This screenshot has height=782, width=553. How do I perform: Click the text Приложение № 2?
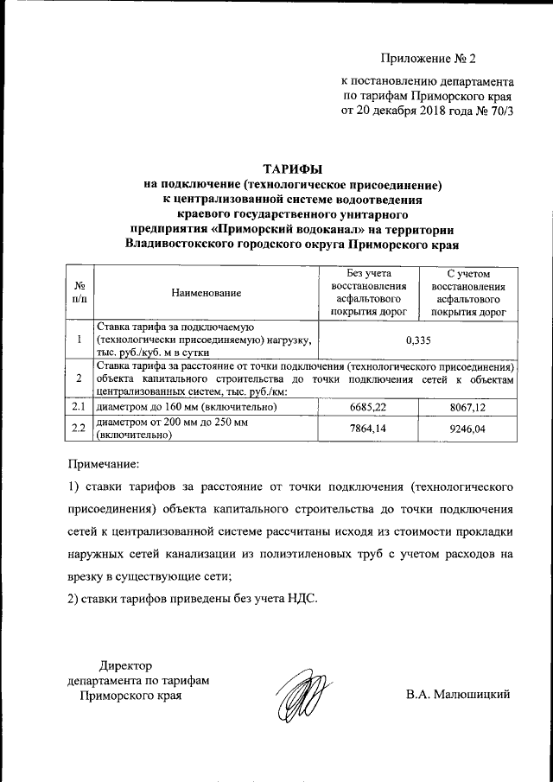429,59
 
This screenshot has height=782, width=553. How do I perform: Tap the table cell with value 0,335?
417,340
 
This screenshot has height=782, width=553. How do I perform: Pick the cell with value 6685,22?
367,406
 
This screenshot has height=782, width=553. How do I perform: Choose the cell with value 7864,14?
367,428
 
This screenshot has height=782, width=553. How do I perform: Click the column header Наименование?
206,294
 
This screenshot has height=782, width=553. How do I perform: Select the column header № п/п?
79,292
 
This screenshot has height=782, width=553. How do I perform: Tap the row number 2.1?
79,406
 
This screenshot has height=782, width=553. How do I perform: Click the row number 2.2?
79,428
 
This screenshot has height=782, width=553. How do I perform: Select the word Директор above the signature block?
125,665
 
